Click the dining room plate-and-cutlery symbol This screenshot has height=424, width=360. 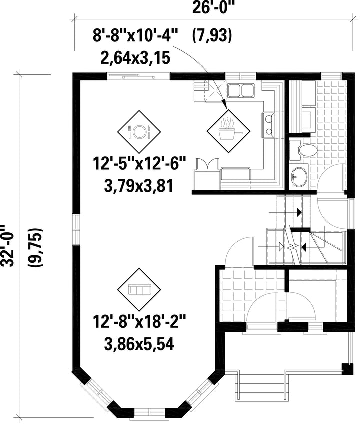click(139, 132)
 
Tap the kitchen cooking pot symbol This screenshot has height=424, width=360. click(229, 131)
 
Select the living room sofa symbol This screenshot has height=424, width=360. click(139, 290)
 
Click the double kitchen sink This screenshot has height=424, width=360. click(241, 90)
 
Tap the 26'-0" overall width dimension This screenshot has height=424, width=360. click(213, 8)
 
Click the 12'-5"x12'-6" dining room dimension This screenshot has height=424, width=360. click(139, 164)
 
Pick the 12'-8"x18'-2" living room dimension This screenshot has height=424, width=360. click(139, 322)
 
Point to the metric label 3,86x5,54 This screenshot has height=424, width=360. click(139, 344)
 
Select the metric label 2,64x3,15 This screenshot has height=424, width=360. click(135, 58)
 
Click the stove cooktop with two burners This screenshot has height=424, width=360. click(268, 125)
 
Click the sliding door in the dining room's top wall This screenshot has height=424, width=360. click(139, 76)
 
